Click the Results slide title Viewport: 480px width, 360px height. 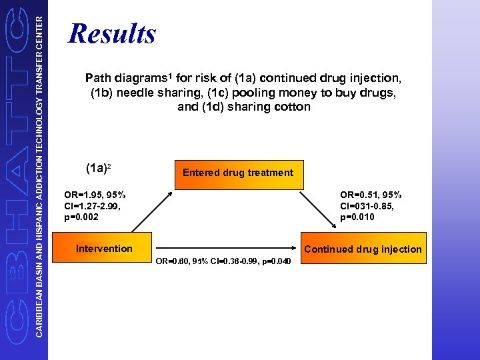coord(112,33)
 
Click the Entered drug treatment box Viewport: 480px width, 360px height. coord(237,173)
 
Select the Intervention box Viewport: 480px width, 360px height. coord(104,249)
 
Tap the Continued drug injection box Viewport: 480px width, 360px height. coord(363,249)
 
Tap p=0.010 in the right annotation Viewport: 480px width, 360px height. coord(357,217)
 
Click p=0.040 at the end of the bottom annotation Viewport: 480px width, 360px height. coord(276,261)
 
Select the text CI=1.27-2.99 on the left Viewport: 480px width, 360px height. coord(91,205)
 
